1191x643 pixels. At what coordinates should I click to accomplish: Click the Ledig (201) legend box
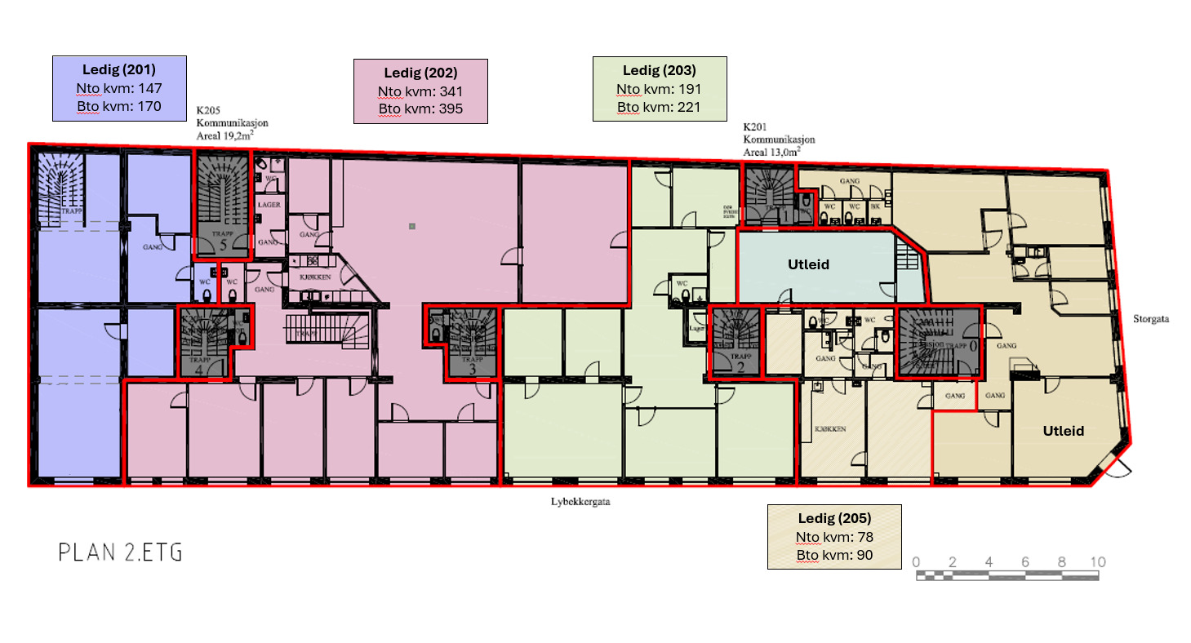(x=120, y=88)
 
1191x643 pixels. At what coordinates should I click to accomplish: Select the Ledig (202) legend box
(x=420, y=91)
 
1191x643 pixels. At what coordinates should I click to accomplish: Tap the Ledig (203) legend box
(x=660, y=89)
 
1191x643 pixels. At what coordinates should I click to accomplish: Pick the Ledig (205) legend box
(x=835, y=537)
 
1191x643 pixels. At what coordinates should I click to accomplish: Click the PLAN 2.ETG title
(x=120, y=552)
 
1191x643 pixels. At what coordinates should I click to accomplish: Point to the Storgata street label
(x=1151, y=319)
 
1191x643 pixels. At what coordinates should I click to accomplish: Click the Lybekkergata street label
(x=580, y=502)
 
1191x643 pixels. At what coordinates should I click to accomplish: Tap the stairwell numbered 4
(x=202, y=342)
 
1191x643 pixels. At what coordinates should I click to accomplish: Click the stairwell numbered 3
(x=471, y=343)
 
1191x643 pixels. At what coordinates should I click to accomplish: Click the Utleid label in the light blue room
(x=808, y=264)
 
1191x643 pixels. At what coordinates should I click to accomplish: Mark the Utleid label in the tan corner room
(x=1064, y=431)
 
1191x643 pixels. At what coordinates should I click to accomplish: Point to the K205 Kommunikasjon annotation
(x=232, y=123)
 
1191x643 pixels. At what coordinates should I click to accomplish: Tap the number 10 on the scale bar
(x=1097, y=561)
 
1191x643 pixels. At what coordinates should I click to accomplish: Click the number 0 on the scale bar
(x=917, y=561)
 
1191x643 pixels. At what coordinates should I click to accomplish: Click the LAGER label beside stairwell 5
(x=269, y=205)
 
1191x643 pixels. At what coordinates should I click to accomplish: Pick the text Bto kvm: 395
(x=420, y=109)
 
